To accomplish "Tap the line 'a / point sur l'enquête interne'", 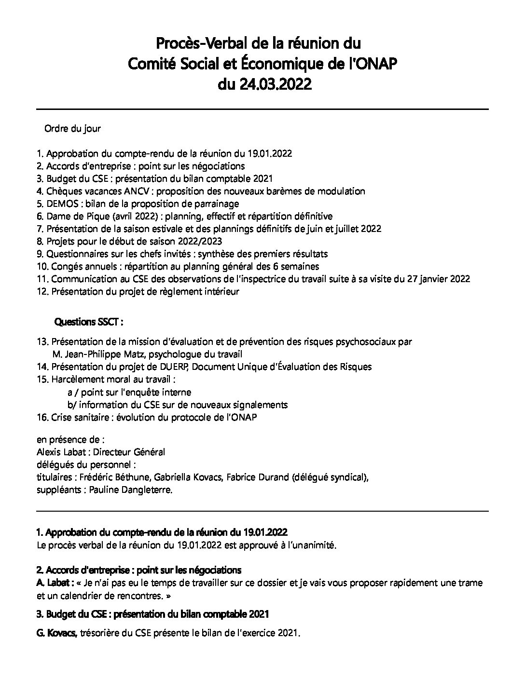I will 129,392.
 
